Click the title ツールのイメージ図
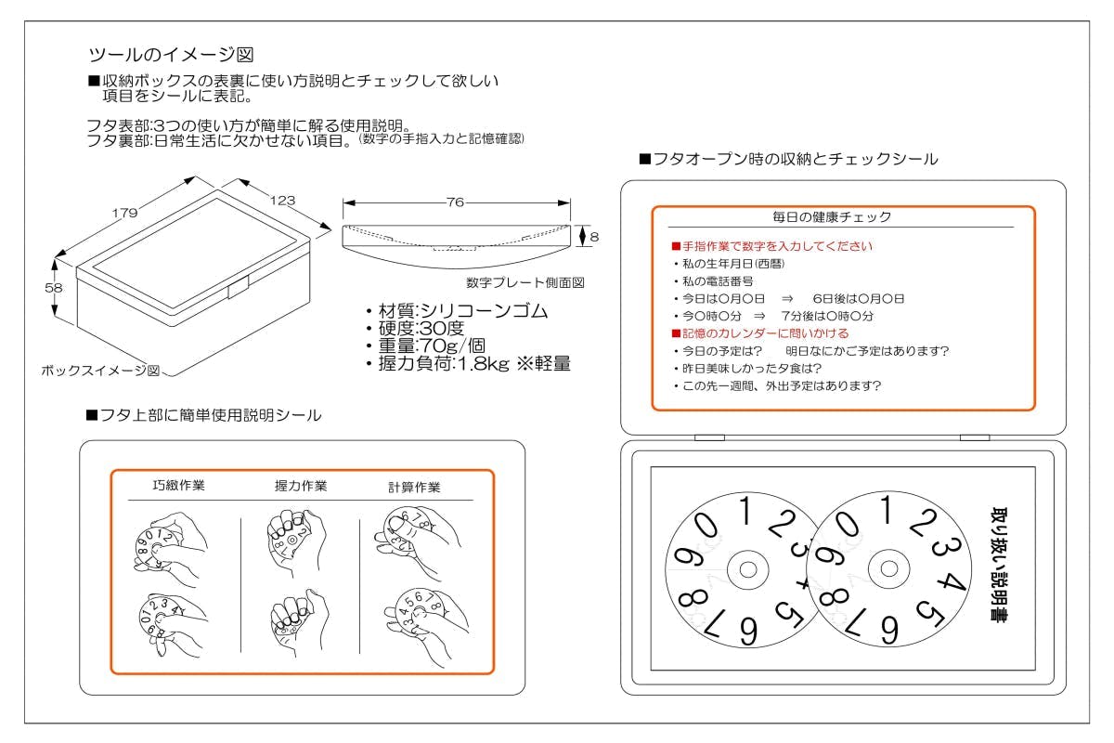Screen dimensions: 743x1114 (170, 54)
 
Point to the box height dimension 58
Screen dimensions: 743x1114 (54, 288)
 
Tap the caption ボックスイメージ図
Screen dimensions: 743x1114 (100, 370)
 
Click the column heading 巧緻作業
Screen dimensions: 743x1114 (179, 486)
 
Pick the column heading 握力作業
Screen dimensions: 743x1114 (301, 486)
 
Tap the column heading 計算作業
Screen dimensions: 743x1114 (414, 487)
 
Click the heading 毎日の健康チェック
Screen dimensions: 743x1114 (832, 217)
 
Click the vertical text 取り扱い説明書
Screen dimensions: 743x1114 (999, 565)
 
